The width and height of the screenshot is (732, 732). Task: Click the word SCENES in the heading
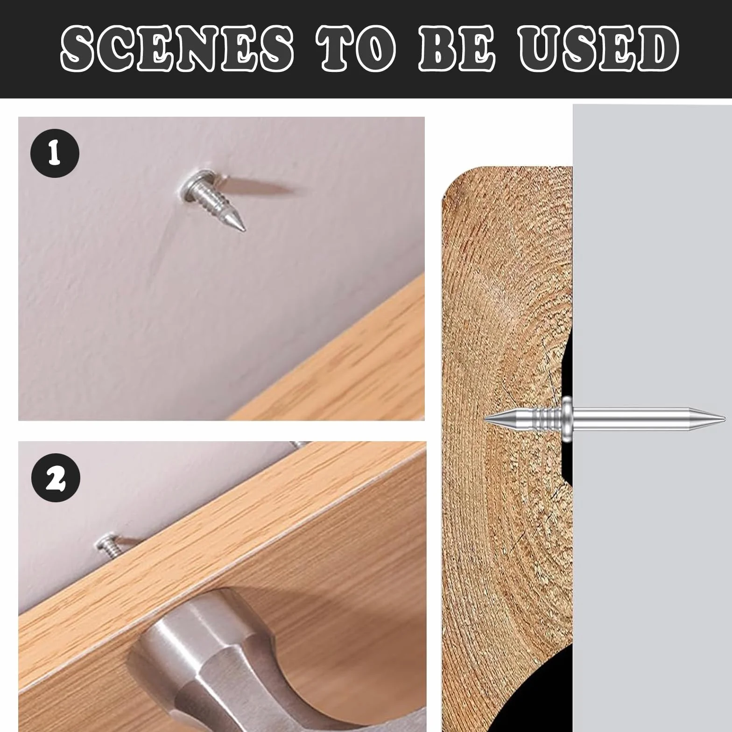[x=176, y=48]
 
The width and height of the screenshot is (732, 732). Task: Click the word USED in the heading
[x=599, y=48]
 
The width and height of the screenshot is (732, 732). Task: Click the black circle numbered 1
[x=55, y=153]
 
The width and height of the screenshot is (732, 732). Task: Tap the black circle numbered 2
[x=56, y=478]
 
